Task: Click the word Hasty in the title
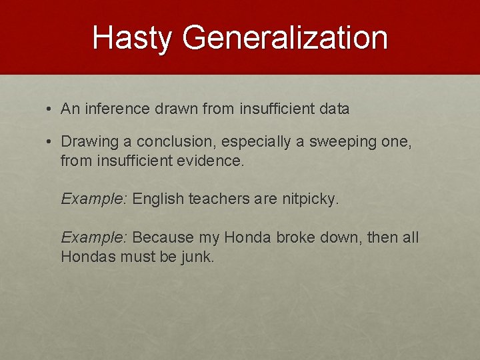click(x=131, y=37)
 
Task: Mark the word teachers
click(x=217, y=199)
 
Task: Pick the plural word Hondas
click(x=88, y=257)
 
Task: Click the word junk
click(x=197, y=257)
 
